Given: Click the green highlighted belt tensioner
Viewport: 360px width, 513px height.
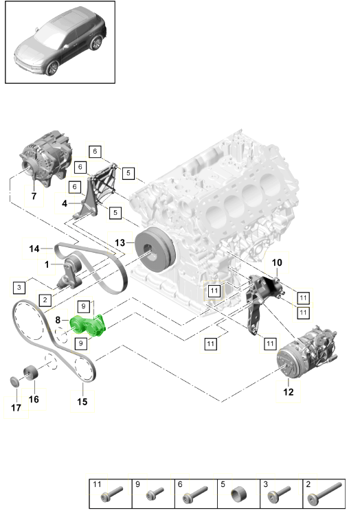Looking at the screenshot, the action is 89,326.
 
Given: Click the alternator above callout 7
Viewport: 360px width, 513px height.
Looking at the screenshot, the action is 46,158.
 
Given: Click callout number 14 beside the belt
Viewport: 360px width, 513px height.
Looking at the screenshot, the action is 34,249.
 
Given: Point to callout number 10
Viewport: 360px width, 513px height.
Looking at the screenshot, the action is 277,262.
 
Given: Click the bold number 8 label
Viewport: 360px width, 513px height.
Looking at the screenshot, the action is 58,319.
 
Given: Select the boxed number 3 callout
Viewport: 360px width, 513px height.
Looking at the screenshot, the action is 19,287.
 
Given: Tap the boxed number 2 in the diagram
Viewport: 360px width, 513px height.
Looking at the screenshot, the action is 45,299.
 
